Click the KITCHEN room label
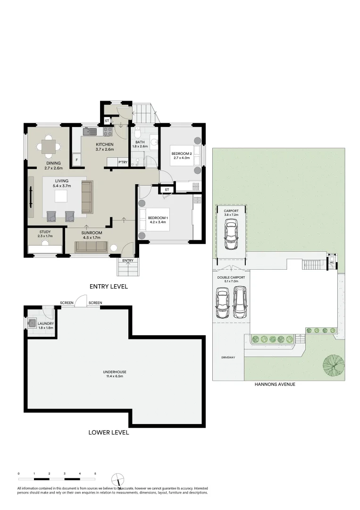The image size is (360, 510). click(x=105, y=144)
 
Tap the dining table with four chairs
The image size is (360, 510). click(x=49, y=146)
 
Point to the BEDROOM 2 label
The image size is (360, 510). click(x=181, y=154)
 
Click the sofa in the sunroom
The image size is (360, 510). click(x=92, y=246)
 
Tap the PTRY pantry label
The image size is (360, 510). click(x=123, y=162)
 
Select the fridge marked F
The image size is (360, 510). click(x=76, y=160)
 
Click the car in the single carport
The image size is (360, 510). click(x=231, y=235)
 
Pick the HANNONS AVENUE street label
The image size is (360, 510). click(x=275, y=384)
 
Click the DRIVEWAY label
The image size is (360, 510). click(x=228, y=357)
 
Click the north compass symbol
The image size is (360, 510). click(x=118, y=479)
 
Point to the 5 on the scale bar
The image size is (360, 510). click(x=95, y=473)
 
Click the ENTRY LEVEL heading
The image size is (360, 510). click(x=109, y=286)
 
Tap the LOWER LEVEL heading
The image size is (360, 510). click(x=109, y=432)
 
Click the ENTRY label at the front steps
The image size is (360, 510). click(x=127, y=260)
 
